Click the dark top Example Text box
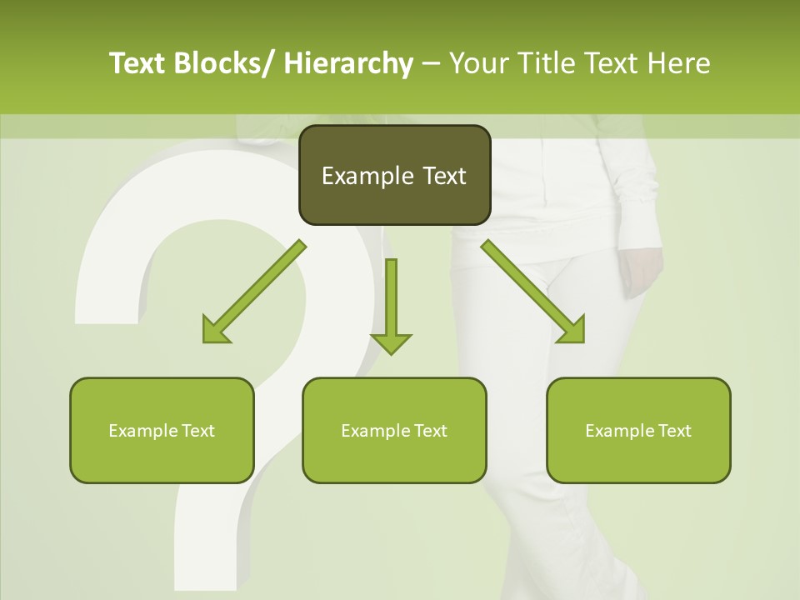click(393, 175)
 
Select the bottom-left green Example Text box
click(162, 430)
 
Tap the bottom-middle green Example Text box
click(394, 430)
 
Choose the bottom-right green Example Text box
click(638, 430)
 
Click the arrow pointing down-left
click(254, 292)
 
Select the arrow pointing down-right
click(533, 292)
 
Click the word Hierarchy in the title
click(348, 63)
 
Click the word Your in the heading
click(479, 63)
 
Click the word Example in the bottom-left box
click(138, 430)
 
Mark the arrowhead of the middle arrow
click(391, 342)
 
